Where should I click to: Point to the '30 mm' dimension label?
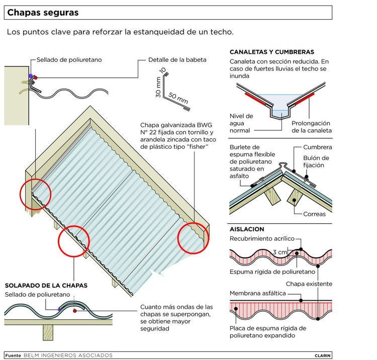pyautogui.click(x=158, y=87)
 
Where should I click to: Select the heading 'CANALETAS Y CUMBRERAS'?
pyautogui.click(x=272, y=52)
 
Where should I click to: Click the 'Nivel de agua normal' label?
pyautogui.click(x=241, y=123)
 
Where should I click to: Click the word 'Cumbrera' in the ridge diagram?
pyautogui.click(x=317, y=147)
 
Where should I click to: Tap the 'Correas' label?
pyautogui.click(x=314, y=214)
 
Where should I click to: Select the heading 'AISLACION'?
pyautogui.click(x=247, y=229)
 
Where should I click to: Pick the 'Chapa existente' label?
pyautogui.click(x=309, y=284)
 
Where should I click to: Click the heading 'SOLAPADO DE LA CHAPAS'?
pyautogui.click(x=46, y=285)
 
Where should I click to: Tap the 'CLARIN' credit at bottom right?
pyautogui.click(x=323, y=355)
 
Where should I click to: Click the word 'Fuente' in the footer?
pyautogui.click(x=13, y=355)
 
